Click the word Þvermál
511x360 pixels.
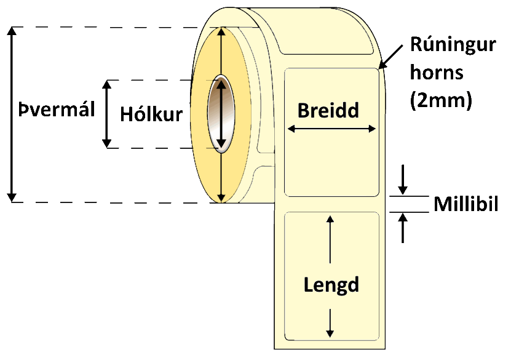57,111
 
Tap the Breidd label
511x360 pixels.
328,110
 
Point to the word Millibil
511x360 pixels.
466,204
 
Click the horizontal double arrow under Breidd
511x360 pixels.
331,129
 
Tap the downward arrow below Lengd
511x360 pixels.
331,323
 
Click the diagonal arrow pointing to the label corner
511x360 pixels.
392,55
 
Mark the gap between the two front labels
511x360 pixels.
331,204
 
